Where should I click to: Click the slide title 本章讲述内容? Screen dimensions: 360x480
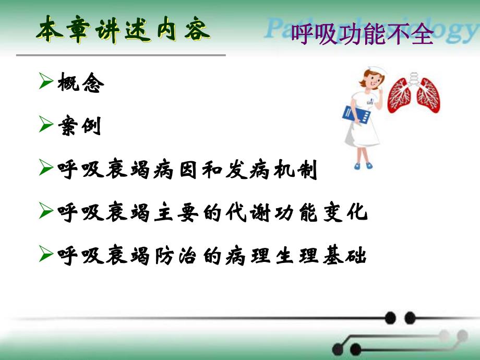(123, 31)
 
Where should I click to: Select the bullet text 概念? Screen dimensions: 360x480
(81, 83)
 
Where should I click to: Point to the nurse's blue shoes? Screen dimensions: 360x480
(364, 165)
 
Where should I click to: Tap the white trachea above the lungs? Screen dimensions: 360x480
(415, 78)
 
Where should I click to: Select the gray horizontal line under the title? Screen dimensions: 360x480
(121, 54)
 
